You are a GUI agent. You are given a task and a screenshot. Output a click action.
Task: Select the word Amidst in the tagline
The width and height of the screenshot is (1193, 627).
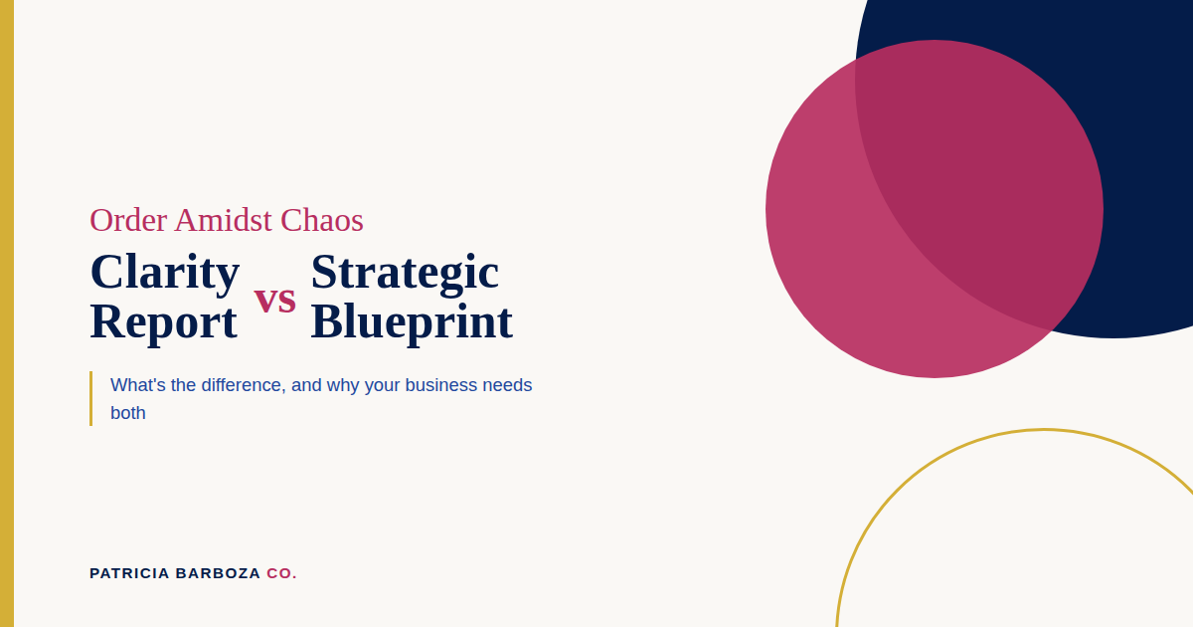(223, 220)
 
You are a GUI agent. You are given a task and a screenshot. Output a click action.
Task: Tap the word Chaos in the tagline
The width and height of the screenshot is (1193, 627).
(322, 220)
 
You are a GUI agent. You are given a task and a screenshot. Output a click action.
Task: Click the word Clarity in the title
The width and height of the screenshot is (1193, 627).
(165, 273)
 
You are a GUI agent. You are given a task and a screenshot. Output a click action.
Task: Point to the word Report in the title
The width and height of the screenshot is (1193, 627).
(163, 323)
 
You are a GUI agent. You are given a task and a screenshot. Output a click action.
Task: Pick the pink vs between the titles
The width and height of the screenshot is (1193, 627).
(274, 301)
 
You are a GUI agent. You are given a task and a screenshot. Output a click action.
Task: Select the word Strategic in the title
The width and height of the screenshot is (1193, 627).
(405, 273)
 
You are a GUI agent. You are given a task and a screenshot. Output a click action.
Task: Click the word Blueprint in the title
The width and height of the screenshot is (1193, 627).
(412, 323)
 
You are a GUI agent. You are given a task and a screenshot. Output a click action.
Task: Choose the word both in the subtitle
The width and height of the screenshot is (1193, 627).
(128, 413)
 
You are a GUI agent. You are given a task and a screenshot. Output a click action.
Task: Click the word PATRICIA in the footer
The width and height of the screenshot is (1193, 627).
(129, 573)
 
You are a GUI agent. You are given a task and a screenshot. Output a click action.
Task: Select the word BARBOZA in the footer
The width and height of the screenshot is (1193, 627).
(218, 573)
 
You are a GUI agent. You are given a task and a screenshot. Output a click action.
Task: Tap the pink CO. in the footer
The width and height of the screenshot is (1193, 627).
(281, 573)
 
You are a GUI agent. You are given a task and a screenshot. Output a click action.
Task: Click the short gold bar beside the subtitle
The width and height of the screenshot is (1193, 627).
(91, 398)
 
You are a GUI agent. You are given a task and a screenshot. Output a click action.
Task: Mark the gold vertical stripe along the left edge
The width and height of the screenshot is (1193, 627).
(7, 313)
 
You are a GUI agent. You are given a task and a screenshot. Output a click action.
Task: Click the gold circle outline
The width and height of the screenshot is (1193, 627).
(1045, 430)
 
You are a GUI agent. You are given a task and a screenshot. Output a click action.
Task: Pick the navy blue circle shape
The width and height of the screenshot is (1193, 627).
(1145, 160)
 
